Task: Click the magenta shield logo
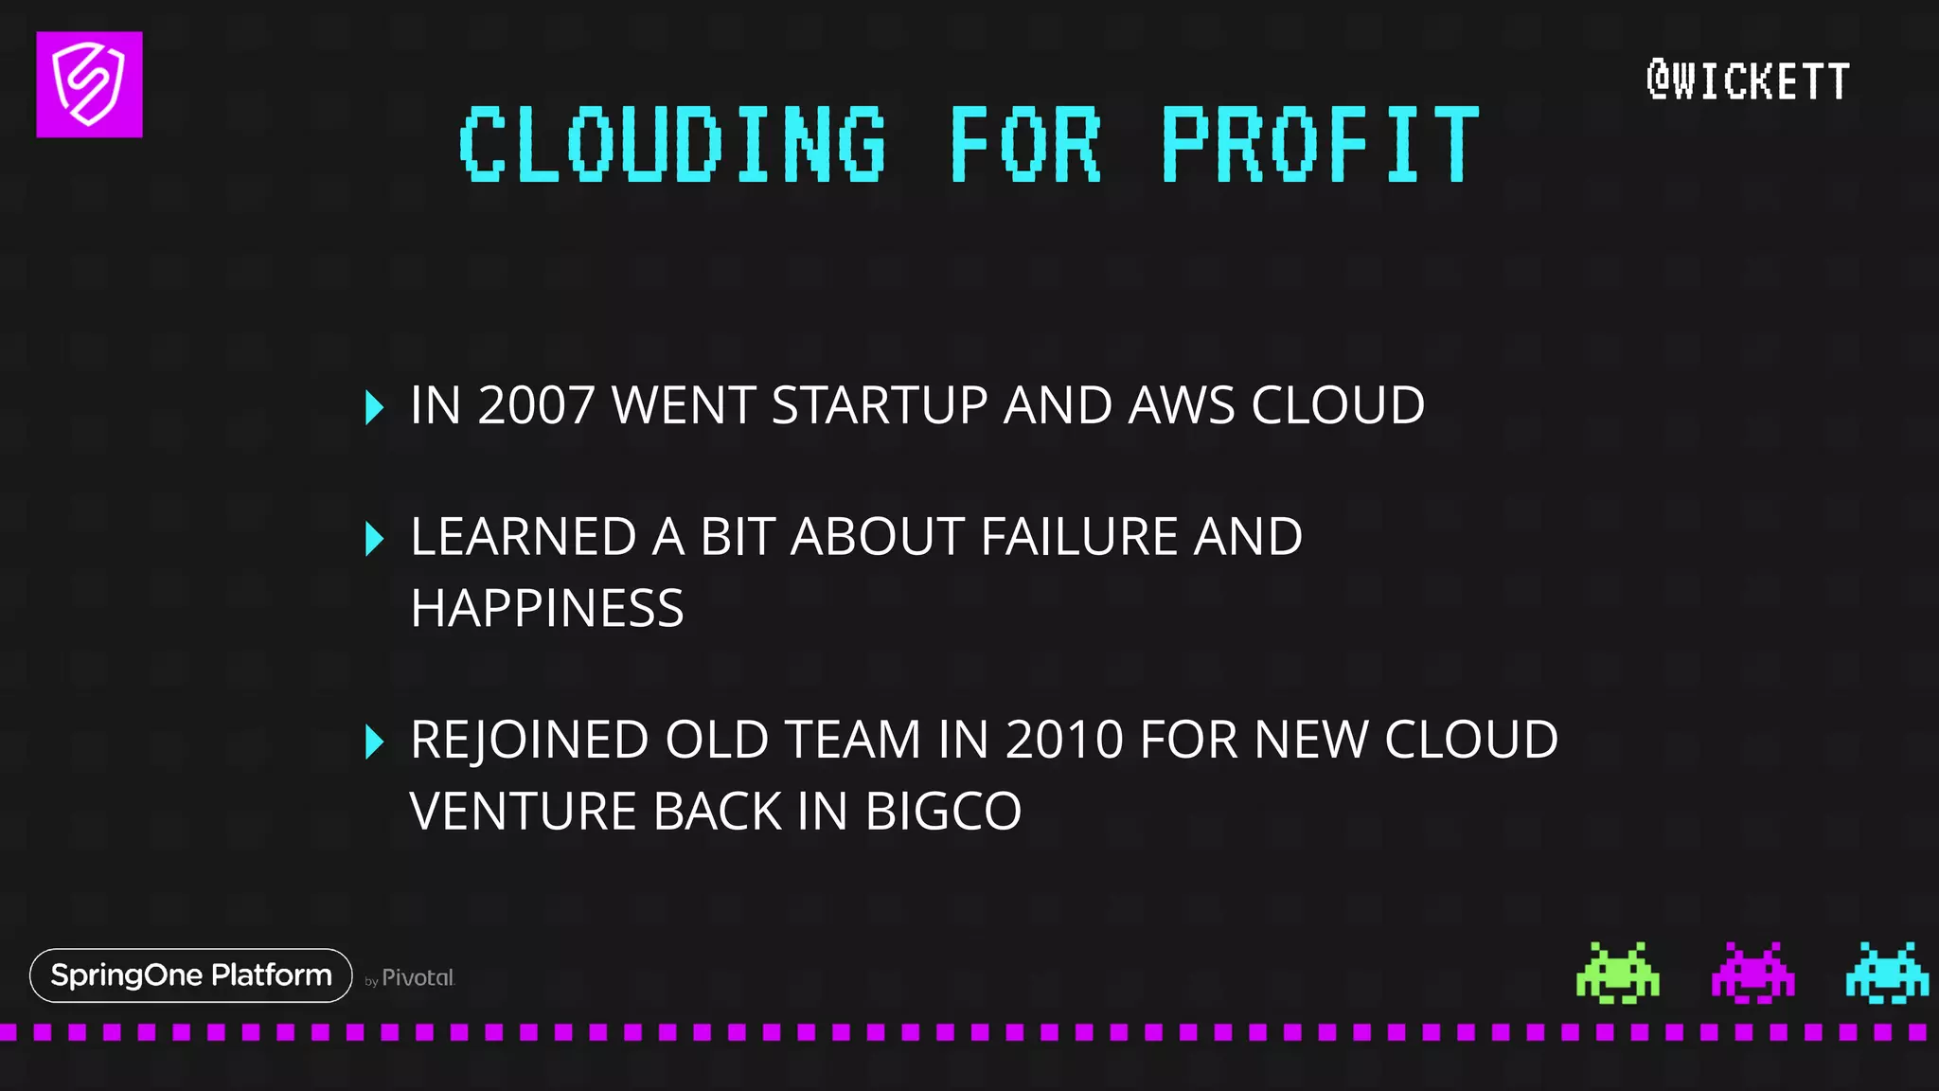pos(89,84)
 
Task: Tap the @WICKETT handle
pos(1748,80)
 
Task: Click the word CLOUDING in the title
pos(672,144)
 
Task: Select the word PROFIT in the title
pos(1320,144)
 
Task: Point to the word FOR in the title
pos(1025,144)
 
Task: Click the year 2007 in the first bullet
pos(536,405)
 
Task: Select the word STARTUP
pos(880,405)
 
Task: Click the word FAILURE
pos(1078,537)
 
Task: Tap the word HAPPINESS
pos(547,608)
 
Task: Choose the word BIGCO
pos(943,812)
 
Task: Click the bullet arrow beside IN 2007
pos(374,407)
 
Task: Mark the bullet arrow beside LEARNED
pos(374,538)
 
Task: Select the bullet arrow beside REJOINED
pos(374,742)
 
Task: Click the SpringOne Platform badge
pos(191,975)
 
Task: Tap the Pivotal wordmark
pos(418,977)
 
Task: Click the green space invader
pos(1617,973)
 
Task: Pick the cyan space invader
pos(1886,973)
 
